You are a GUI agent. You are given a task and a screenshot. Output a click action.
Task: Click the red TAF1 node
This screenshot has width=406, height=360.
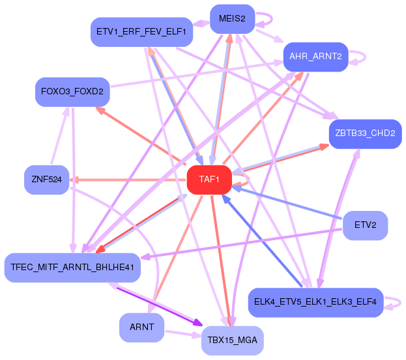209,179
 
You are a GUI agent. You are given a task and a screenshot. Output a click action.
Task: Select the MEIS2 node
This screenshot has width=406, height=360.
232,18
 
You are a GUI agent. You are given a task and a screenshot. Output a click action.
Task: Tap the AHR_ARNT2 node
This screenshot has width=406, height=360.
315,56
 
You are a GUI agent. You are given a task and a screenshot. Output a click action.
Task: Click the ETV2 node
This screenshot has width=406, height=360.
365,225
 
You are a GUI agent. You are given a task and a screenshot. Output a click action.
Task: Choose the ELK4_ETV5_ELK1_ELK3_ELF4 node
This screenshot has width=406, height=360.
316,302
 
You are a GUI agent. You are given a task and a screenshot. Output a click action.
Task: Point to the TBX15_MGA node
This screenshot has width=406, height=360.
232,339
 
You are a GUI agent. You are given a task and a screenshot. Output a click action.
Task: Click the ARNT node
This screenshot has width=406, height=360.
141,327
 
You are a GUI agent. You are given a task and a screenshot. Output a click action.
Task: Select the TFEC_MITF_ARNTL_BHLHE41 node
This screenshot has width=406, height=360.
72,267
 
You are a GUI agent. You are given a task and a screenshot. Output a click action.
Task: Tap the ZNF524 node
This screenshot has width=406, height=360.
46,179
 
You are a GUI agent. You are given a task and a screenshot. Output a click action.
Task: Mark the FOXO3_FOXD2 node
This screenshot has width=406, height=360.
72,91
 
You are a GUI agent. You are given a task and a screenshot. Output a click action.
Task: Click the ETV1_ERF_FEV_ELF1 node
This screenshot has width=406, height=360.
141,31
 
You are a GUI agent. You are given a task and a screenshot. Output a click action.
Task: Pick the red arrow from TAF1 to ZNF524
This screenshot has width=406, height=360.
130,179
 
